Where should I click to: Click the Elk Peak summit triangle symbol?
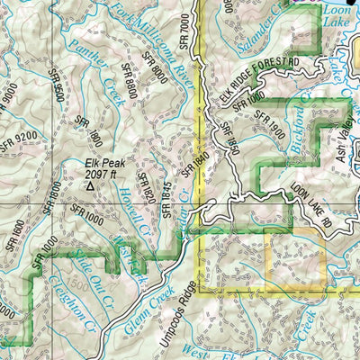point(90,186)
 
